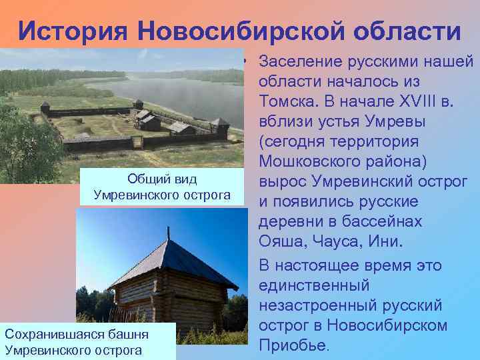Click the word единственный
(x=313, y=285)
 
